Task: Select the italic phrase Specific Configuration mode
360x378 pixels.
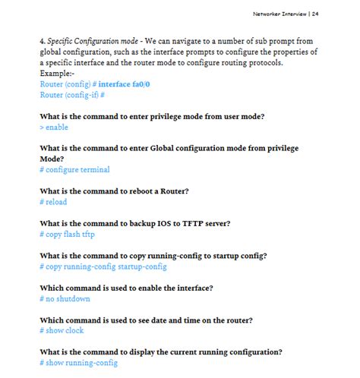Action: [x=84, y=40]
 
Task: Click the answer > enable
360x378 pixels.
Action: [x=53, y=127]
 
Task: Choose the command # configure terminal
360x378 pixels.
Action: [x=74, y=169]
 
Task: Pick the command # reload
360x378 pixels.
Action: [x=53, y=201]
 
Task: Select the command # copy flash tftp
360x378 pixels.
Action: [x=68, y=234]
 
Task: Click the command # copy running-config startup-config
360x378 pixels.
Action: [x=103, y=266]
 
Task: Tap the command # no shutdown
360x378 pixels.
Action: [x=65, y=298]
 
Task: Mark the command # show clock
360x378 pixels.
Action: [x=62, y=330]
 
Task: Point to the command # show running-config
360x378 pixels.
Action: [x=78, y=363]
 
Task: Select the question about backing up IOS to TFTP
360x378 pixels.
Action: [x=134, y=223]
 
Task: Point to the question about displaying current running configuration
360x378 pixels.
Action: [x=161, y=352]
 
